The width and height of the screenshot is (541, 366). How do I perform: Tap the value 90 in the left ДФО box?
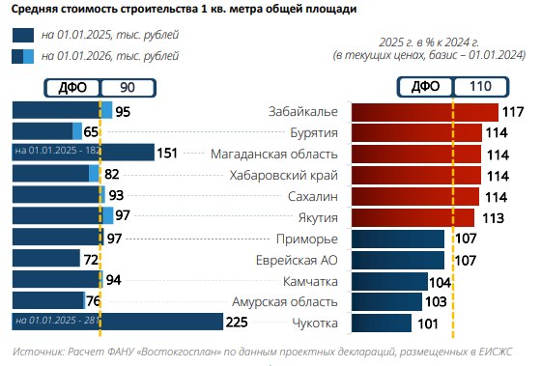(x=127, y=87)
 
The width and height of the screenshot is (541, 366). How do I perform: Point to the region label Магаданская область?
(x=273, y=154)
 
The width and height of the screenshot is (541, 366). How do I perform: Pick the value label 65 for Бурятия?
(x=92, y=132)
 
